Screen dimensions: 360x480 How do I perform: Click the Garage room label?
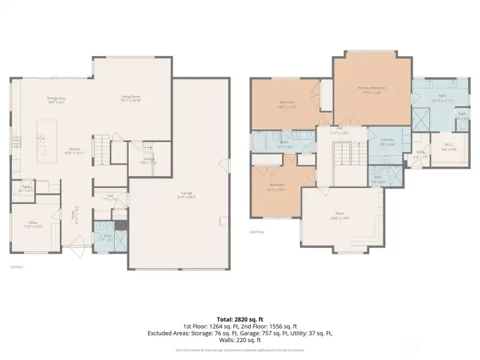pyautogui.click(x=181, y=195)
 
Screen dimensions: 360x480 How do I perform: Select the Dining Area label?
pyautogui.click(x=56, y=100)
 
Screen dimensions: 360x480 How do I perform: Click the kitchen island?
pyautogui.click(x=43, y=140)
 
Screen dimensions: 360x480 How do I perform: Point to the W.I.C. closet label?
pyautogui.click(x=449, y=147)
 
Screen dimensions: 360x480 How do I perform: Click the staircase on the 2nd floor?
pyautogui.click(x=341, y=155)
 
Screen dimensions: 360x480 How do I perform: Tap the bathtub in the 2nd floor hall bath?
pyautogui.click(x=259, y=142)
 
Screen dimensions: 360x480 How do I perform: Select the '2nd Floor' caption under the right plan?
pyautogui.click(x=257, y=232)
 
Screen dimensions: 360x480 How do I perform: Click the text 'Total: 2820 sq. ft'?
pyautogui.click(x=240, y=319)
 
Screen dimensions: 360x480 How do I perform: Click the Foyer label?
pyautogui.click(x=77, y=215)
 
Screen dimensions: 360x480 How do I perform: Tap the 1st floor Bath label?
pyautogui.click(x=108, y=237)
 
